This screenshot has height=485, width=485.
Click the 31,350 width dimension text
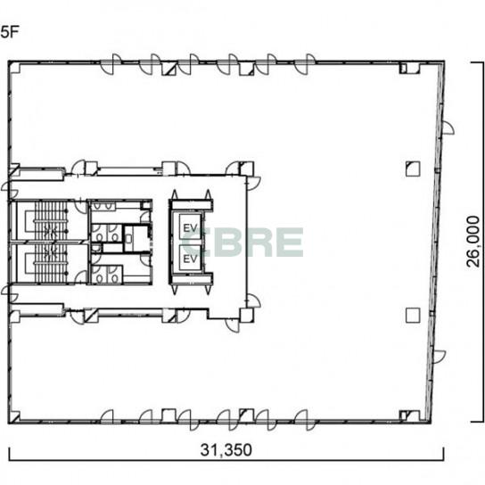[226, 450]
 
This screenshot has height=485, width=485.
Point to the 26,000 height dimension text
[473, 242]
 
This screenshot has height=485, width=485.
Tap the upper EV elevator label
[190, 228]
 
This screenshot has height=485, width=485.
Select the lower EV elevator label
[190, 259]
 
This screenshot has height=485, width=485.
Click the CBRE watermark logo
[242, 242]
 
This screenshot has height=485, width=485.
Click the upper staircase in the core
[51, 220]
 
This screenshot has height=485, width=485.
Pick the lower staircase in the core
[51, 263]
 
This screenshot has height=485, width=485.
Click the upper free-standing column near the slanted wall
[413, 169]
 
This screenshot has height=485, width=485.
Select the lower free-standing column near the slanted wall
[413, 316]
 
